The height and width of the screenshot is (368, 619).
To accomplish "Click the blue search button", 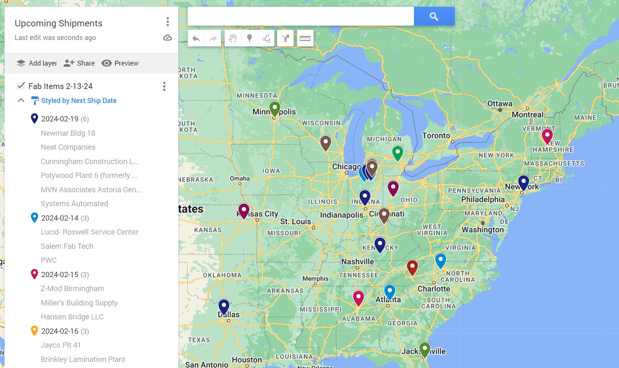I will coord(434,16).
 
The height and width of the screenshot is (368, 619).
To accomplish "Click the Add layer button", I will coord(37,63).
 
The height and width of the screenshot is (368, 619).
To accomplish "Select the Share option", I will coord(79,63).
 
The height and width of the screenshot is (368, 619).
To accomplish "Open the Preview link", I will coord(120,63).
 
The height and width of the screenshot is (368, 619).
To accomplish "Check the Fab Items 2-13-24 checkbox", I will coord(21,86).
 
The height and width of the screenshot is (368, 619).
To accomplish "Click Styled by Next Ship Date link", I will coord(78,101).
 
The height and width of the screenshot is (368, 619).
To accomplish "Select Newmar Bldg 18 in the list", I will coord(68,133).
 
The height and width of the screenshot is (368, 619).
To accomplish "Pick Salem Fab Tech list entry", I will coord(67,246).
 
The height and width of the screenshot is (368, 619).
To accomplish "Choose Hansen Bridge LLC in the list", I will coord(72,317).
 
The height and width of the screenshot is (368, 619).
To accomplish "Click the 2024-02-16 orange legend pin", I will coord(34,331).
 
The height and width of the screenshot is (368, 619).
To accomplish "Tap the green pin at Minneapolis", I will coord(275,108).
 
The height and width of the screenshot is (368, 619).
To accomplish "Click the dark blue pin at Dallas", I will coord(224,306).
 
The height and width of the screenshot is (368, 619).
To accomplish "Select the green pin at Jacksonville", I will coord(425,349).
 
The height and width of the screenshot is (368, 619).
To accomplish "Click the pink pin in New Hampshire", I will coord(547,135).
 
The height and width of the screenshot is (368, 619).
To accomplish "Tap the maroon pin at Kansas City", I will coord(244,210).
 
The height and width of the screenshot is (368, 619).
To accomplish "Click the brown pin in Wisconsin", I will coord(326,143).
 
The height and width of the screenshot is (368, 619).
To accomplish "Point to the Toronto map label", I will coord(436,135).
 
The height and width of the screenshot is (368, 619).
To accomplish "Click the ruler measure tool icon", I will coord(305,38).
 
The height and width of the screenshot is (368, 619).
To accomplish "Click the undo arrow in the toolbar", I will coord(196,38).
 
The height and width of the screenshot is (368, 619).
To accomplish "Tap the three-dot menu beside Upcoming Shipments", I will coord(168,22).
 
